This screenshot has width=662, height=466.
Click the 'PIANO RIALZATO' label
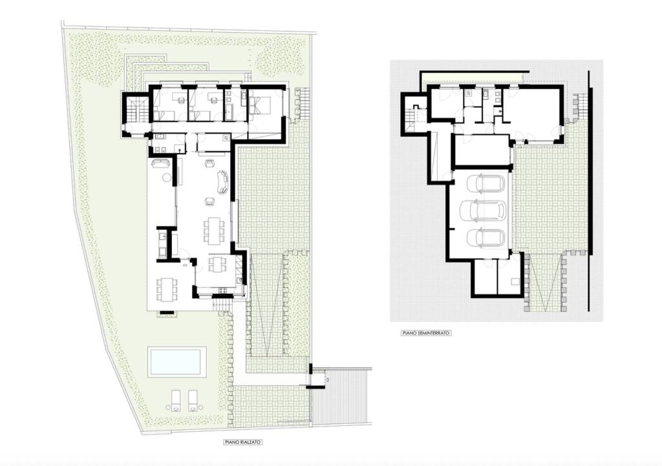pos(243,442)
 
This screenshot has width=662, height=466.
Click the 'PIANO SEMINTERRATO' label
pos(427,333)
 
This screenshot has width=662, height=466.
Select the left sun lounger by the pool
pos(176,400)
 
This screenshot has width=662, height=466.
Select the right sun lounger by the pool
pos(193,400)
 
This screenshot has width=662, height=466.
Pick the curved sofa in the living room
pos(222,182)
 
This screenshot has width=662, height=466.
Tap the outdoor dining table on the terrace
pos(167,289)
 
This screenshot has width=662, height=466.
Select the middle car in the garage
pos(482,210)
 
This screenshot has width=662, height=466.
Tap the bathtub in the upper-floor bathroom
pos(231,114)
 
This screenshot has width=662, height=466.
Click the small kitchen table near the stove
pos(216,265)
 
